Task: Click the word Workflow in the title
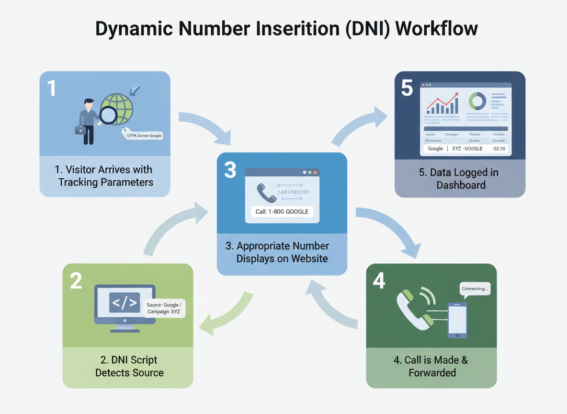[436, 29]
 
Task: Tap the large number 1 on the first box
[52, 88]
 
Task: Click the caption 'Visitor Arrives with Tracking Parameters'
[105, 176]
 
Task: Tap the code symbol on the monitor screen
[125, 302]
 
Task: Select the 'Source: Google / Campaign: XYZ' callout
[164, 308]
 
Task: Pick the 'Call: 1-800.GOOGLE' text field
[282, 212]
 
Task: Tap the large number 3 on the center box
[230, 171]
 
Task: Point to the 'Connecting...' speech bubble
[475, 289]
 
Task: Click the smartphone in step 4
[457, 320]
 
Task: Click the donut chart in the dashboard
[477, 101]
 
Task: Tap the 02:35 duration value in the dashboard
[499, 149]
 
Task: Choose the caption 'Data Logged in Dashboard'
[459, 179]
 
